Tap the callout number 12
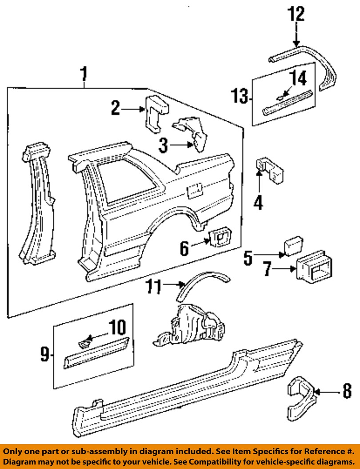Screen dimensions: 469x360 coord(296,14)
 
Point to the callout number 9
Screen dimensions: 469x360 coord(44,354)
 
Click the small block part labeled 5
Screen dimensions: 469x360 coord(292,245)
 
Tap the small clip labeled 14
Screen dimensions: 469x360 coord(279,96)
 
